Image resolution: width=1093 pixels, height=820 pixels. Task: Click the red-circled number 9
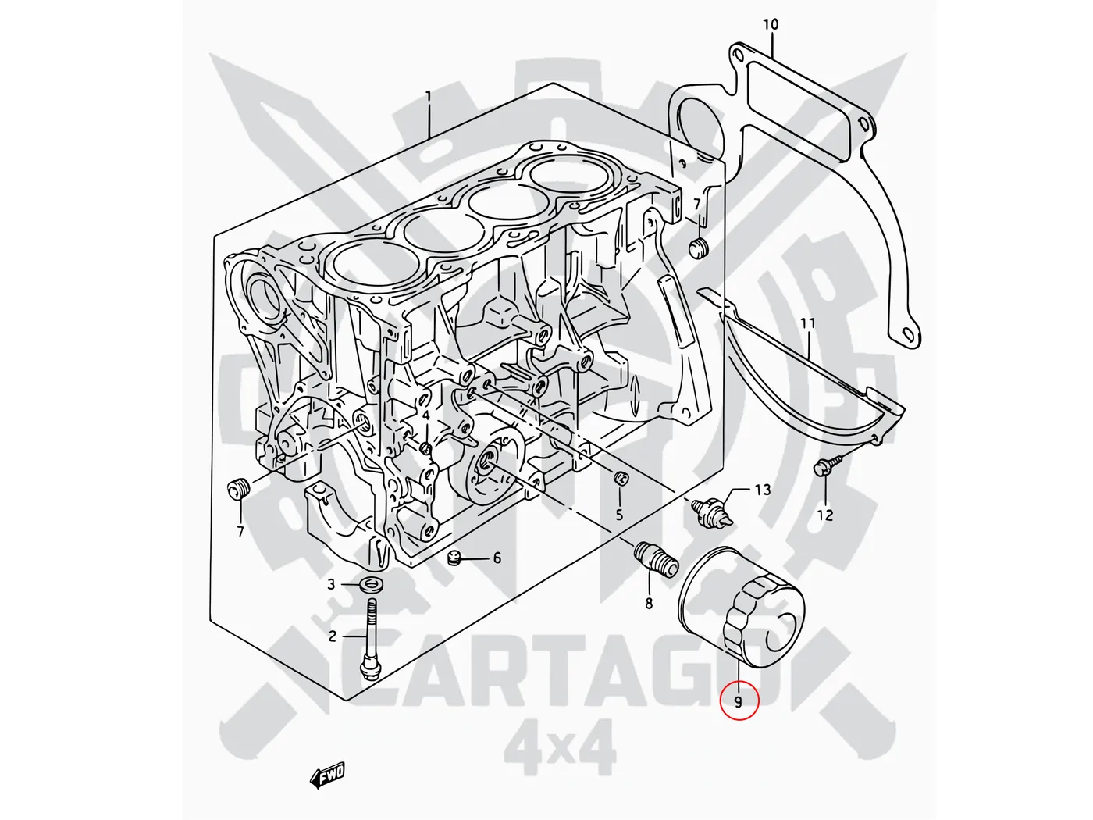point(738,701)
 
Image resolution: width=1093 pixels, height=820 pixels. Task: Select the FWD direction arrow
point(327,775)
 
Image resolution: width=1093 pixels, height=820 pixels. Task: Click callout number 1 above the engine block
point(428,96)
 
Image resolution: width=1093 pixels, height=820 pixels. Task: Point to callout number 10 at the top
point(770,25)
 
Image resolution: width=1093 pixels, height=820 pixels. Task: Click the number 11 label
point(807,323)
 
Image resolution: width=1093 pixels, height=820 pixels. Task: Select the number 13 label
point(762,490)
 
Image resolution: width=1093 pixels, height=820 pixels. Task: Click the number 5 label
point(619,515)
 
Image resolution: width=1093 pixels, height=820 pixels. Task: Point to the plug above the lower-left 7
point(238,491)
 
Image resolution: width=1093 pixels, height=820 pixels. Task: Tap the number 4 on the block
point(426,415)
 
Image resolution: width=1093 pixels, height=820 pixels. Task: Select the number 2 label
point(332,636)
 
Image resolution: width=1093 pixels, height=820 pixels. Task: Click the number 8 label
point(648,603)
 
